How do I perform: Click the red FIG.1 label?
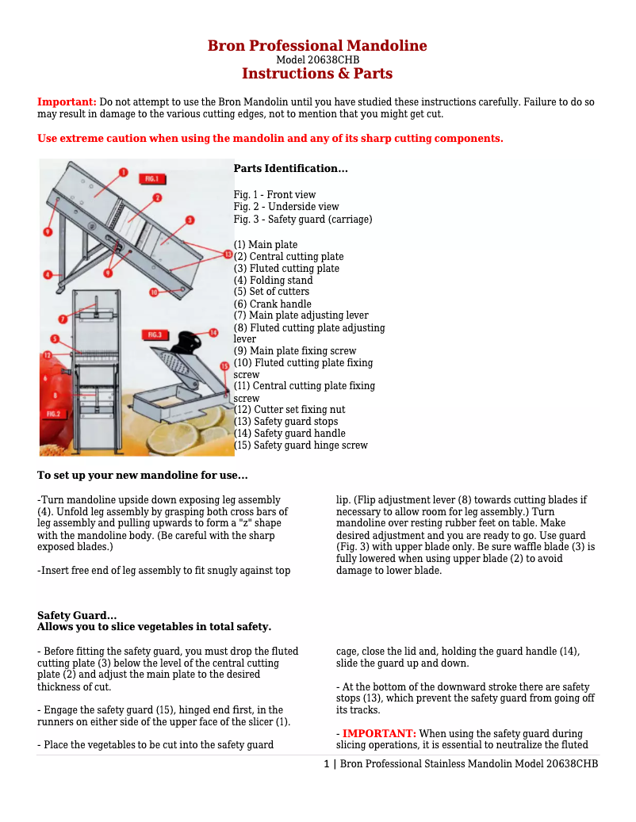[x=151, y=178]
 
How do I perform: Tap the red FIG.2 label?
[x=54, y=414]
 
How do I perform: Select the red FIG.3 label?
[x=154, y=335]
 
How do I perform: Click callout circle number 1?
[x=124, y=172]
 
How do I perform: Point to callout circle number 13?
[x=228, y=254]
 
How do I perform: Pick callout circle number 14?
[x=213, y=332]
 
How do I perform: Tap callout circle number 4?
[x=48, y=275]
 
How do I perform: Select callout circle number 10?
[x=155, y=292]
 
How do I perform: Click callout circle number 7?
[x=62, y=319]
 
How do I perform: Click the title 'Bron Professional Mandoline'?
[x=317, y=46]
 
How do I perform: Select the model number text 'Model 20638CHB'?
[x=317, y=60]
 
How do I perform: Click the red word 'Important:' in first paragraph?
[x=67, y=102]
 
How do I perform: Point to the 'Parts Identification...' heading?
[x=290, y=169]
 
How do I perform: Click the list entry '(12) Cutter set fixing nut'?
[x=289, y=410]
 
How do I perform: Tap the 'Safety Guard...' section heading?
[x=77, y=616]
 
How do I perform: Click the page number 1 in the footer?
[x=326, y=764]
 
